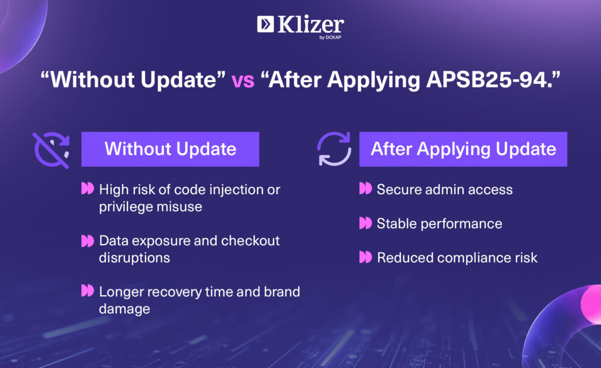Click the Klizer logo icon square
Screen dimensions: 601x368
tap(265, 24)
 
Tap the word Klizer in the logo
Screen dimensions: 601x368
tap(310, 25)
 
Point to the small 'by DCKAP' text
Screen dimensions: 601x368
tap(330, 38)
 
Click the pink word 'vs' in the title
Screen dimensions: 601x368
tap(242, 80)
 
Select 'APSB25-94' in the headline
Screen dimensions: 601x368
tap(487, 79)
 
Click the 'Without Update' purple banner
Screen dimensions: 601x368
tap(170, 149)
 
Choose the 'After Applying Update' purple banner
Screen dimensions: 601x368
tap(463, 149)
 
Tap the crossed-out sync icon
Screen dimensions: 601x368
tap(52, 150)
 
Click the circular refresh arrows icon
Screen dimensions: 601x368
tap(334, 149)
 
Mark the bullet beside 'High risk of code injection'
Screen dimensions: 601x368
tap(87, 188)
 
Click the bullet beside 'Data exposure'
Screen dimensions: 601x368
tap(87, 241)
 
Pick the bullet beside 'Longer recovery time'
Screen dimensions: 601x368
tap(87, 291)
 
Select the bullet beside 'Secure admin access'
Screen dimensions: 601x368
tap(365, 188)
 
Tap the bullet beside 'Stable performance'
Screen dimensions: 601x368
tap(365, 222)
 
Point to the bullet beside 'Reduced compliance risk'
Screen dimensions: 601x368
tap(365, 257)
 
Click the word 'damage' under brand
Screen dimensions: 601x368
tap(124, 309)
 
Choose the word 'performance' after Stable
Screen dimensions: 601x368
tap(461, 224)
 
